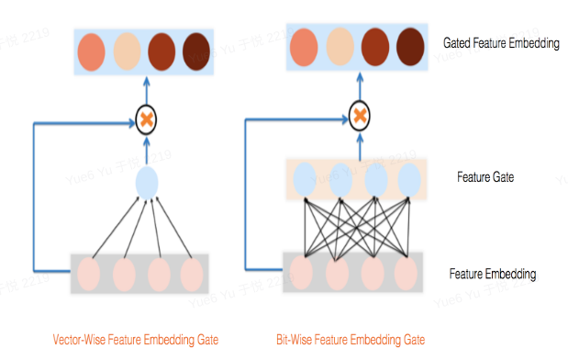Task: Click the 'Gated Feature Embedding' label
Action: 500,42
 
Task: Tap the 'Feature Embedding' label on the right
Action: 493,274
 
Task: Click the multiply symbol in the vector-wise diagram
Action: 146,118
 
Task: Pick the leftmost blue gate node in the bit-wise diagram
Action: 305,178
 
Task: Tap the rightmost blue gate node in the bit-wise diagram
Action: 408,178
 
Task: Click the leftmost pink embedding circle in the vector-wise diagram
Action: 90,274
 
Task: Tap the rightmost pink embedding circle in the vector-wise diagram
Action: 191,274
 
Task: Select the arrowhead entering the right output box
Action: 360,79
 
